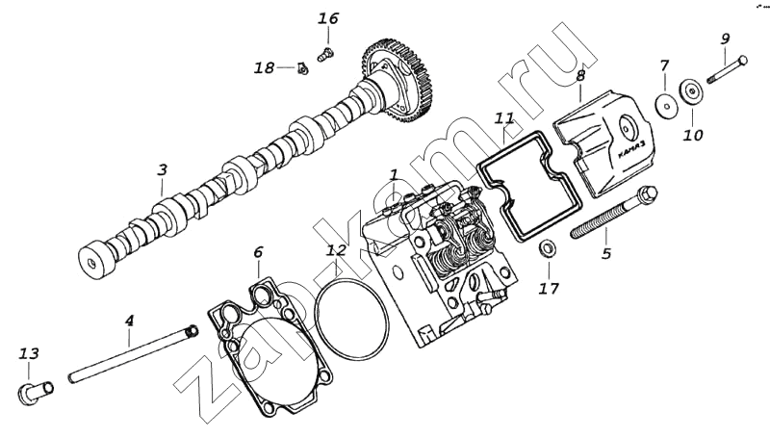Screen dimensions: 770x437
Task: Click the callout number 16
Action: tap(328, 18)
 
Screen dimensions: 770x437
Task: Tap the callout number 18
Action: tap(264, 67)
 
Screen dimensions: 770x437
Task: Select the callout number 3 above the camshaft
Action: tap(162, 169)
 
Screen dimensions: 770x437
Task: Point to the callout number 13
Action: tap(29, 353)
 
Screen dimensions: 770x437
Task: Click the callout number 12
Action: tap(336, 250)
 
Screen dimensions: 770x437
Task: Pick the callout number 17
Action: tap(549, 288)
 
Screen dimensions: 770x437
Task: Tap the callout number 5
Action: tap(606, 253)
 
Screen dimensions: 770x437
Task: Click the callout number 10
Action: tap(693, 135)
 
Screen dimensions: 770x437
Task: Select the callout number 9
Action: tap(726, 39)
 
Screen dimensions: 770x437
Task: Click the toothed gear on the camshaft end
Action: tap(397, 79)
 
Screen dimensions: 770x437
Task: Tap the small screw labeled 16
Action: tap(324, 54)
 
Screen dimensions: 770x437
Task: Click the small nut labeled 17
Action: tap(546, 249)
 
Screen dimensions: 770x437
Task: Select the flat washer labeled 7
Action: tap(665, 105)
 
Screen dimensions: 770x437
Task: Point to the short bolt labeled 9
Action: tap(728, 69)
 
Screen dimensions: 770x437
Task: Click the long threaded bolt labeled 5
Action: tap(614, 212)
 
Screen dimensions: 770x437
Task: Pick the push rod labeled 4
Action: tap(134, 354)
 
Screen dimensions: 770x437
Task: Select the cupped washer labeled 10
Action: tap(691, 92)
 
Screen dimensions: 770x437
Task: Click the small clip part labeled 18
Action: tap(302, 69)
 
